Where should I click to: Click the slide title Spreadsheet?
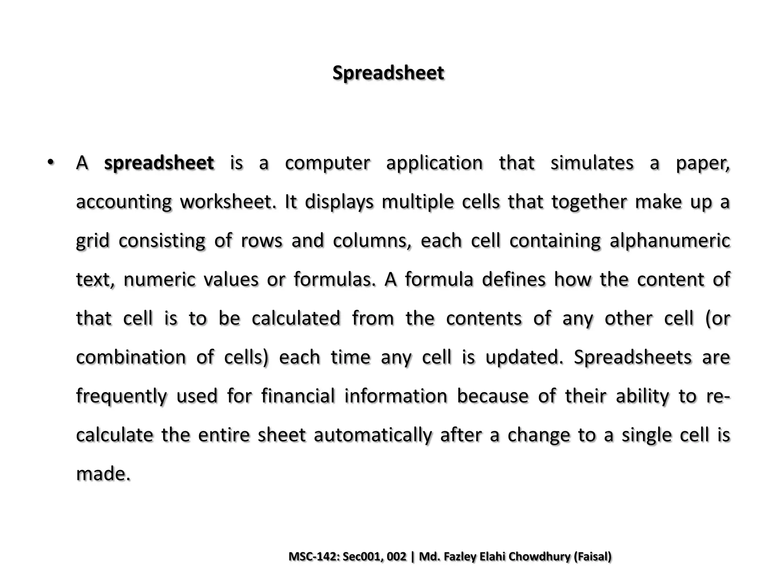tap(388, 73)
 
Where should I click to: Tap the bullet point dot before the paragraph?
tap(51, 162)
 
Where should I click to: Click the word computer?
tap(327, 163)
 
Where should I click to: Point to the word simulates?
tap(592, 163)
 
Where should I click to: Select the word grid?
tap(93, 241)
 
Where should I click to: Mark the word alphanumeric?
tap(670, 241)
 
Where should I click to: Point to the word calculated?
tap(296, 318)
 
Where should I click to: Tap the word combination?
tap(131, 357)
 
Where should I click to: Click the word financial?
tap(298, 396)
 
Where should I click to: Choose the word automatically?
tap(373, 435)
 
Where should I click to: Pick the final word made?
tap(103, 474)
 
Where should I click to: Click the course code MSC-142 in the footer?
tap(313, 556)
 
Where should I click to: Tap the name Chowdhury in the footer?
tap(539, 556)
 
